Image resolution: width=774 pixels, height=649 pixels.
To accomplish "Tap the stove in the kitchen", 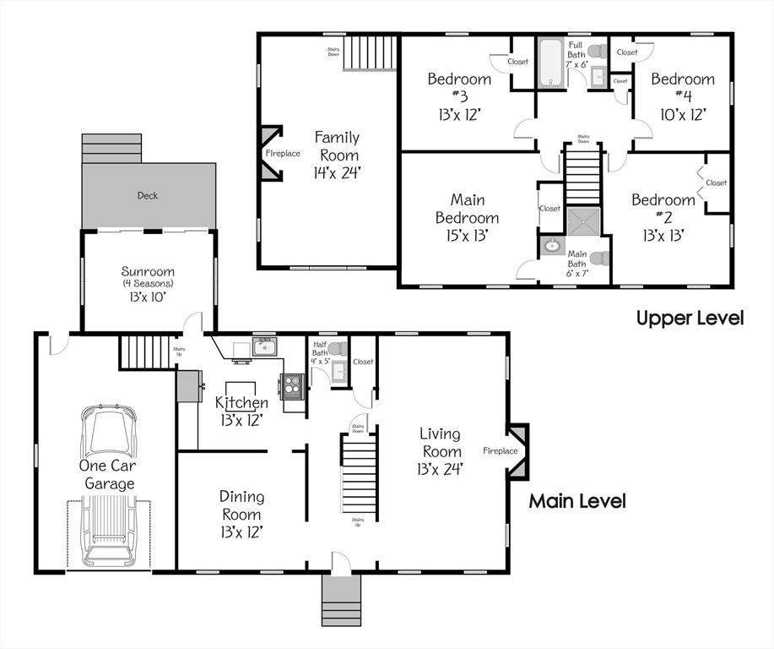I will coord(292,387).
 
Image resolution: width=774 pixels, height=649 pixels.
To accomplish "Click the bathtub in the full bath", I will coord(552,63).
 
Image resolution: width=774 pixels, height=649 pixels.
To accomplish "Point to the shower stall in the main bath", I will coord(583,222).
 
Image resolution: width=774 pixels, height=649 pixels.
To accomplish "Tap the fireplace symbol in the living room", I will coord(517,450).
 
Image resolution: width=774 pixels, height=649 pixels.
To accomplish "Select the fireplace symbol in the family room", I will coord(272,154).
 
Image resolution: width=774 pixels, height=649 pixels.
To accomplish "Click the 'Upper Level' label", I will coord(690,318).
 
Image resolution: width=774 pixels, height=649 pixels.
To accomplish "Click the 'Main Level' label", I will coord(577,501).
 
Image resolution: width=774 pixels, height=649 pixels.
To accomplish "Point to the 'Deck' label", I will coord(148,195).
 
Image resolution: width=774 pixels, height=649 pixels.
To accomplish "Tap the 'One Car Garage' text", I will coord(108,475).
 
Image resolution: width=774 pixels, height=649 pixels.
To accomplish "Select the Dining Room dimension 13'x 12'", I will coord(241,532).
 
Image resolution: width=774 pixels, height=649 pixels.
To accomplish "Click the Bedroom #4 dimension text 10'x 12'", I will coord(683,113).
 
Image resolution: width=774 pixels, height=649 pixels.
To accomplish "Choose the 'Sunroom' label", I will coord(148,271).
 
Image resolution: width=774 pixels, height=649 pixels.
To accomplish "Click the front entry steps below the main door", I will coord(341,601).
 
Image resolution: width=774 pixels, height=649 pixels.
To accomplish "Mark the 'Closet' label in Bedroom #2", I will coord(716,183).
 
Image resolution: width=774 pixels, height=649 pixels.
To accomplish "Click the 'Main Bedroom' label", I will coord(467,209).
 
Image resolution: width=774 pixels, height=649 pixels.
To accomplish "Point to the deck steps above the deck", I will coord(111,148).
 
